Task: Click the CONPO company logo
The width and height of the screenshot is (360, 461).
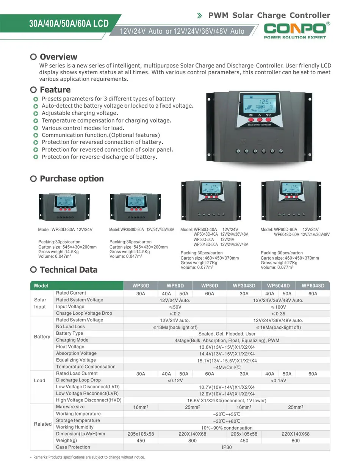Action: click(x=295, y=30)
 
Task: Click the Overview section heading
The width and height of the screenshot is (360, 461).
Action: click(x=58, y=57)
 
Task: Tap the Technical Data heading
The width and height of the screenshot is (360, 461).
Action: click(x=68, y=270)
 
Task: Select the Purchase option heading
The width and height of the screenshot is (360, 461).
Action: click(x=72, y=179)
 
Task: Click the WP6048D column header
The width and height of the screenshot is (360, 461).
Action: click(x=313, y=286)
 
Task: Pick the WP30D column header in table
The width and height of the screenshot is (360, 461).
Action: click(x=141, y=286)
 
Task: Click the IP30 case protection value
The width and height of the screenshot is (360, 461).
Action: click(x=227, y=447)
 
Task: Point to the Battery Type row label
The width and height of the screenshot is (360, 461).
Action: click(x=69, y=333)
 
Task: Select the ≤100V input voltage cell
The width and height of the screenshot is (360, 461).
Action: click(x=278, y=307)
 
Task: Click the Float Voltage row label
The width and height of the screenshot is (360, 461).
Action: click(x=70, y=347)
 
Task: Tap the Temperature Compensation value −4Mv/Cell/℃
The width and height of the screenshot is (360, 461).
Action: click(x=227, y=367)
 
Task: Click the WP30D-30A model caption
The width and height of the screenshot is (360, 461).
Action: click(x=65, y=230)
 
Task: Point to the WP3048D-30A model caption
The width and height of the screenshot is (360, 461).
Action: click(x=141, y=230)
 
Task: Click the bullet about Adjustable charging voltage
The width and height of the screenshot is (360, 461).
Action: click(x=80, y=113)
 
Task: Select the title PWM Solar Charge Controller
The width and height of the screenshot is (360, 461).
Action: click(x=269, y=16)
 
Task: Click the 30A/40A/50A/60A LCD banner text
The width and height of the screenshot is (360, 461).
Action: click(x=69, y=24)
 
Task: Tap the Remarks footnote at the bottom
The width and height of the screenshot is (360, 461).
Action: click(x=89, y=457)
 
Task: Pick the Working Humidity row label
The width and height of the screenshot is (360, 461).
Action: click(x=75, y=427)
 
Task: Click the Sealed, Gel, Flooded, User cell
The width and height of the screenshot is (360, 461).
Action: click(x=227, y=334)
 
